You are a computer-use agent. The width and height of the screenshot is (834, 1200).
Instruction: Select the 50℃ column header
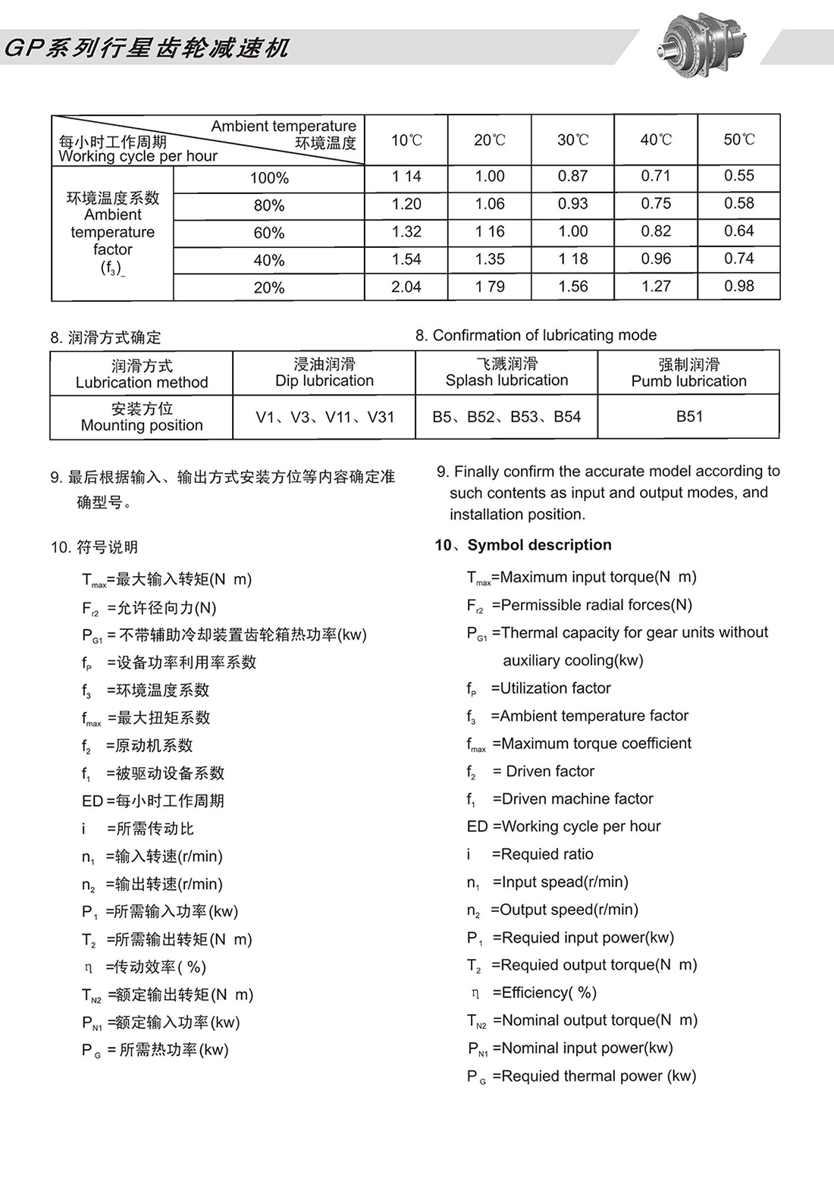point(738,139)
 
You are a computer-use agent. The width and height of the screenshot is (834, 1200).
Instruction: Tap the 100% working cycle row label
point(269,178)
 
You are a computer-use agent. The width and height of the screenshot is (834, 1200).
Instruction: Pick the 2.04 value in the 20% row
point(406,287)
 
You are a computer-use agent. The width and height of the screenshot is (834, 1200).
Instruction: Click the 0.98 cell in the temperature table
point(738,286)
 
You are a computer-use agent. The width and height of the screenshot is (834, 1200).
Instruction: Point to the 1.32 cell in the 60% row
point(406,232)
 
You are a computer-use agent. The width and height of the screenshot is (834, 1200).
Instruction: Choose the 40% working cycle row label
point(269,260)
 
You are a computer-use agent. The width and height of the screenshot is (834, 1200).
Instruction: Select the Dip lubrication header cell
point(325,372)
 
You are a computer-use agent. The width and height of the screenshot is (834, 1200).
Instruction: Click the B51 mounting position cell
point(689,416)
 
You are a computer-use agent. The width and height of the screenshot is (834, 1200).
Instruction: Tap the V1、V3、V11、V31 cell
point(325,417)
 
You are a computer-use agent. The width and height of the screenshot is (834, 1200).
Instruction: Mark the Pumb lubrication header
point(688,373)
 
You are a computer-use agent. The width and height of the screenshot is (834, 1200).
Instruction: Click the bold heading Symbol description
point(539,545)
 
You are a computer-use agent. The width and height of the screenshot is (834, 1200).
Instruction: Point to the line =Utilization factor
point(550,688)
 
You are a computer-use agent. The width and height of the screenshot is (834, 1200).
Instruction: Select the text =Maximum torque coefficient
point(591,744)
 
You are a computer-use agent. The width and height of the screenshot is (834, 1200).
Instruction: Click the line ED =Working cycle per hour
point(563,826)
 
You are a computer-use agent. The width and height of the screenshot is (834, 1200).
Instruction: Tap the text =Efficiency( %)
point(544,992)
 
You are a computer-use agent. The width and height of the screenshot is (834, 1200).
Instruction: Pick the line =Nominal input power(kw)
point(582,1048)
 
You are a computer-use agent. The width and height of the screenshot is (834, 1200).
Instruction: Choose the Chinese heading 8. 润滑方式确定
point(106,337)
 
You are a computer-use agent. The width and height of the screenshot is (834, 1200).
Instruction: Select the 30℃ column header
point(572,139)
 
